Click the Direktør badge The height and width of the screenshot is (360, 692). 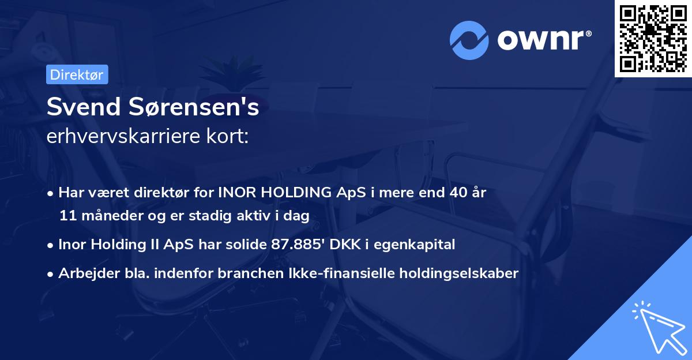pyautogui.click(x=77, y=74)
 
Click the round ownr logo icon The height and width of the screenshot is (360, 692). pyautogui.click(x=469, y=40)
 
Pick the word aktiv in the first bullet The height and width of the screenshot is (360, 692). pyautogui.click(x=263, y=216)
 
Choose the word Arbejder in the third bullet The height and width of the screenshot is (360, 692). pyautogui.click(x=83, y=273)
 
